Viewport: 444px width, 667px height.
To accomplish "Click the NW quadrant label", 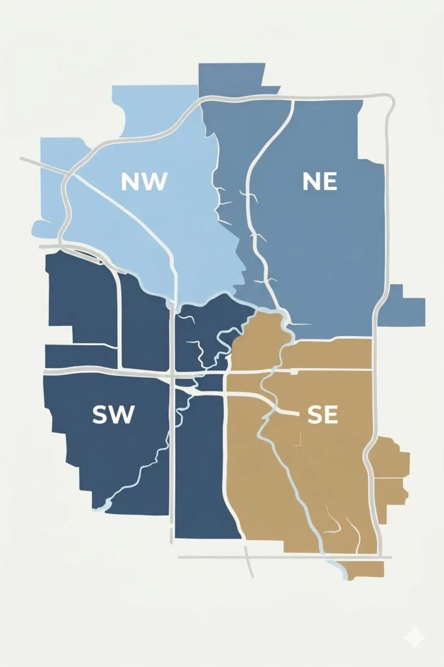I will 144,182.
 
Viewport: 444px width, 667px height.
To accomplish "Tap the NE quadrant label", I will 320,182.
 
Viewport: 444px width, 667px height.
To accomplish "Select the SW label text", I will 113,414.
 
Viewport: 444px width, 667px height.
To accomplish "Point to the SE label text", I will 322,415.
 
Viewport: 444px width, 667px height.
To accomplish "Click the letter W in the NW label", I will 154,182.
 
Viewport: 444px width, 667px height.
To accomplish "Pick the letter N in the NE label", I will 311,182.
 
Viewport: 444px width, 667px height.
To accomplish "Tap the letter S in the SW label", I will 100,414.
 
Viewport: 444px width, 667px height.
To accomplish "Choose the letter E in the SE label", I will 331,415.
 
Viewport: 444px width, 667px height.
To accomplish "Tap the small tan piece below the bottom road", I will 365,569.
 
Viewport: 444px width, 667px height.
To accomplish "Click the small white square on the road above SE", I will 294,371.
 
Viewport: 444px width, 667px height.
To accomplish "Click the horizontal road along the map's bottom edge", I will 286,558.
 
